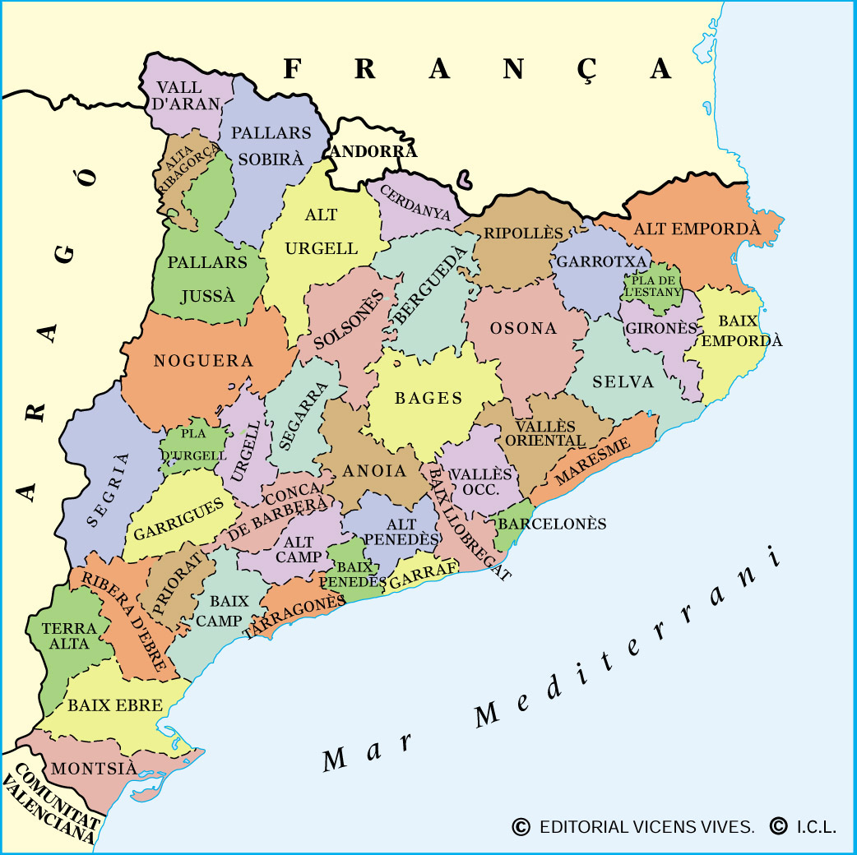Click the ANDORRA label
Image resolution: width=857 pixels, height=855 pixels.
tap(373, 151)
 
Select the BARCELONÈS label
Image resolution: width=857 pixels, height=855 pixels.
tap(552, 524)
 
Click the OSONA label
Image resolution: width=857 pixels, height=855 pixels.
tap(523, 328)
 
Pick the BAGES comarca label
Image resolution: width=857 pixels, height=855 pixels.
tap(428, 398)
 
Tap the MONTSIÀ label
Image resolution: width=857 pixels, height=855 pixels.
tap(93, 769)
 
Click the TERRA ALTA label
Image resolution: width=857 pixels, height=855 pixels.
tap(69, 635)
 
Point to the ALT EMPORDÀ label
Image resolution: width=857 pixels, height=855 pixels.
tap(697, 229)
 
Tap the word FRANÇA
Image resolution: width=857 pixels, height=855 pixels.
tap(477, 69)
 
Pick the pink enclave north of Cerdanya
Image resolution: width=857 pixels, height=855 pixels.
tap(466, 177)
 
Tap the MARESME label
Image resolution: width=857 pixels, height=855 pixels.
tap(592, 461)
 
